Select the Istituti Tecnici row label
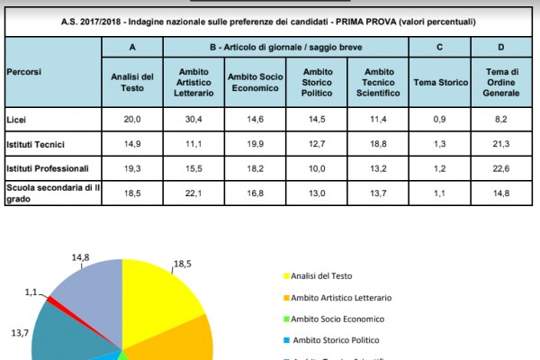pyautogui.click(x=35, y=142)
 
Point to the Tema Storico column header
pyautogui.click(x=440, y=82)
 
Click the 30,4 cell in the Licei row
pyautogui.click(x=194, y=118)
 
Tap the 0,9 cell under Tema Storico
pyautogui.click(x=440, y=118)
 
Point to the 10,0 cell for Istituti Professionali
pyautogui.click(x=317, y=166)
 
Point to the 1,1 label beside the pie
pyautogui.click(x=31, y=292)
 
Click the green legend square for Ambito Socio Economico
pyautogui.click(x=287, y=319)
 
